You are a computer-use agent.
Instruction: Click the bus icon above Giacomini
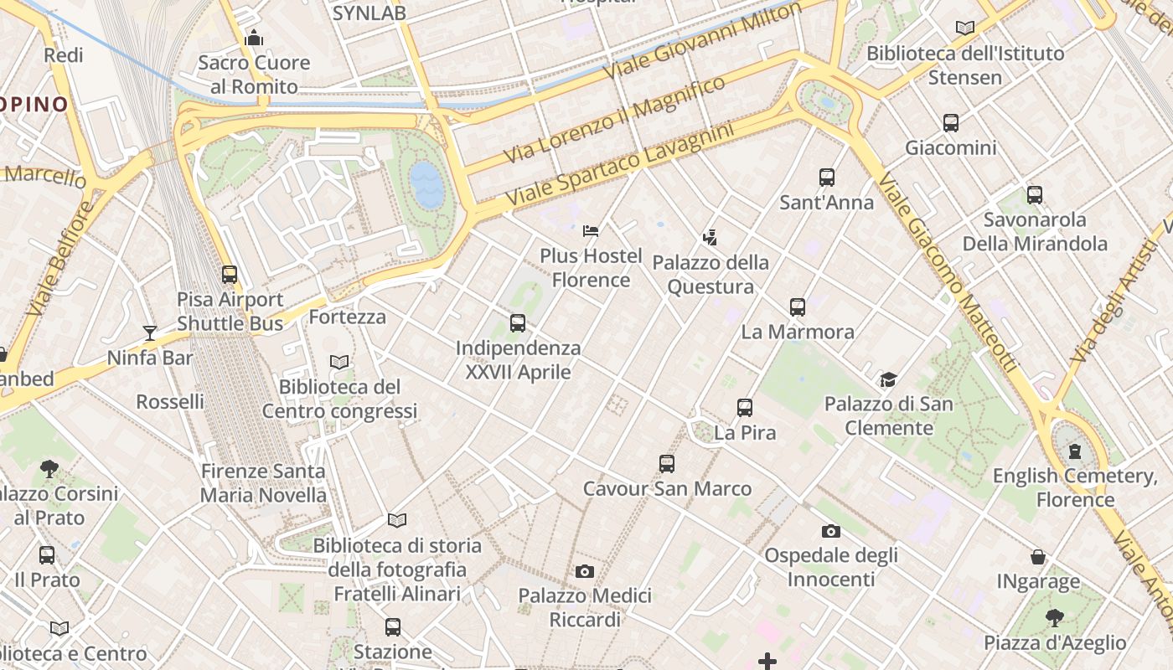pyautogui.click(x=950, y=123)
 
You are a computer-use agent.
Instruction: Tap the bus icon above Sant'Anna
pyautogui.click(x=826, y=178)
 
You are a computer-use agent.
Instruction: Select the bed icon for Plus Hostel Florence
pyautogui.click(x=591, y=230)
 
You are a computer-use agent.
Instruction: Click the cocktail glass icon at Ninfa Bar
pyautogui.click(x=149, y=333)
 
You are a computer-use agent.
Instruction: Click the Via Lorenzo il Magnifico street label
pyautogui.click(x=614, y=120)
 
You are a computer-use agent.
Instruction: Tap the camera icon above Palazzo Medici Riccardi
pyautogui.click(x=584, y=571)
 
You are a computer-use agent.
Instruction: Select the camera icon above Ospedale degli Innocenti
pyautogui.click(x=830, y=531)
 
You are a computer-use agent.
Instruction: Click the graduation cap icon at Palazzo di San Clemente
pyautogui.click(x=888, y=380)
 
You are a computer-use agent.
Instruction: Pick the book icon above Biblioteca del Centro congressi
pyautogui.click(x=338, y=362)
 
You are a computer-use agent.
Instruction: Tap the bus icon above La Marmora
pyautogui.click(x=797, y=307)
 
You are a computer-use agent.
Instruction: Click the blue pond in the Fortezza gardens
pyautogui.click(x=426, y=184)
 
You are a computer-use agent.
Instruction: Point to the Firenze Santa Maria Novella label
pyautogui.click(x=263, y=482)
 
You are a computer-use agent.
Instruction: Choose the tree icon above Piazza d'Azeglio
pyautogui.click(x=1054, y=618)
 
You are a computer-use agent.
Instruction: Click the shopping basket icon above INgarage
pyautogui.click(x=1037, y=557)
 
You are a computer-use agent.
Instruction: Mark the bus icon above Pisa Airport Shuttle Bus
pyautogui.click(x=229, y=275)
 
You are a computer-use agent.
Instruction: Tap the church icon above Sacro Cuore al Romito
pyautogui.click(x=253, y=38)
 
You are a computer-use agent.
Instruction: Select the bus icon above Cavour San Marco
pyautogui.click(x=666, y=464)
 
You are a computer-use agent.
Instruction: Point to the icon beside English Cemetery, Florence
pyautogui.click(x=1075, y=451)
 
